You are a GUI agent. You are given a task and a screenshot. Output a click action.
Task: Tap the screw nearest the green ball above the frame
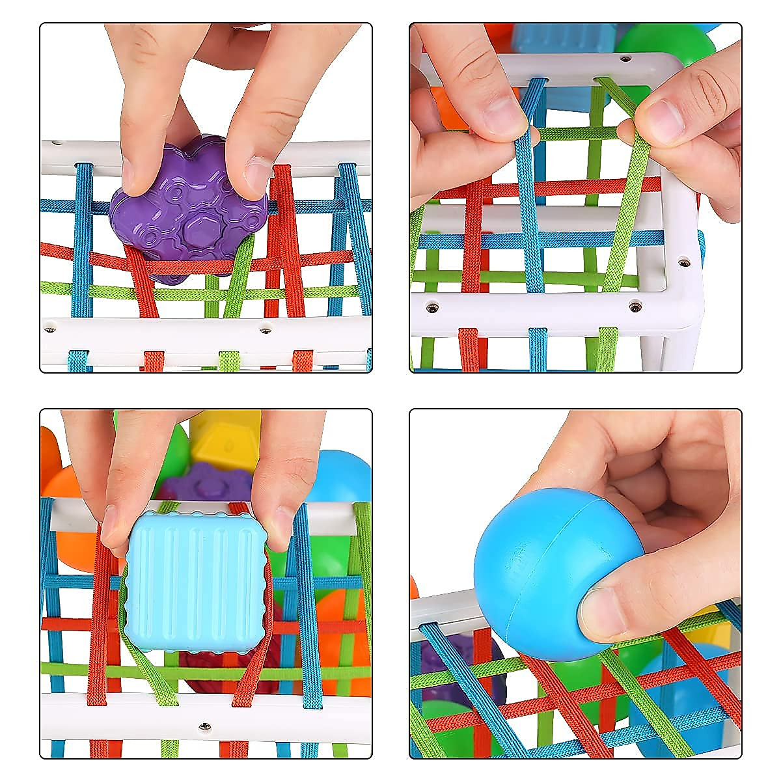(626, 58)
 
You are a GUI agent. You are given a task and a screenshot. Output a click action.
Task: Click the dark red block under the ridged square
(208, 670)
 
